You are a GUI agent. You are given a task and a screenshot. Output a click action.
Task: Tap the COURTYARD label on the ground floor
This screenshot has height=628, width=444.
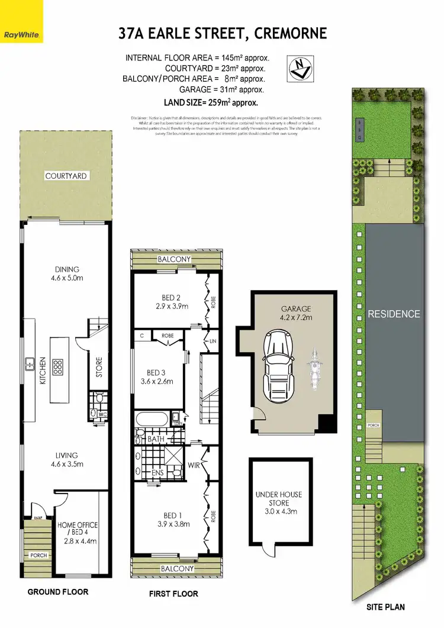point(66,176)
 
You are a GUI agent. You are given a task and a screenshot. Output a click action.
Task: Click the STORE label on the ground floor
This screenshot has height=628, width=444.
point(99,367)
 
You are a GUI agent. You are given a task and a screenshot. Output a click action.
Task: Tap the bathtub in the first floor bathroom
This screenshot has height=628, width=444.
point(152,421)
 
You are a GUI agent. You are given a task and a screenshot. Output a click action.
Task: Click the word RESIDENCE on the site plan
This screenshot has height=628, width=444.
point(394,314)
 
